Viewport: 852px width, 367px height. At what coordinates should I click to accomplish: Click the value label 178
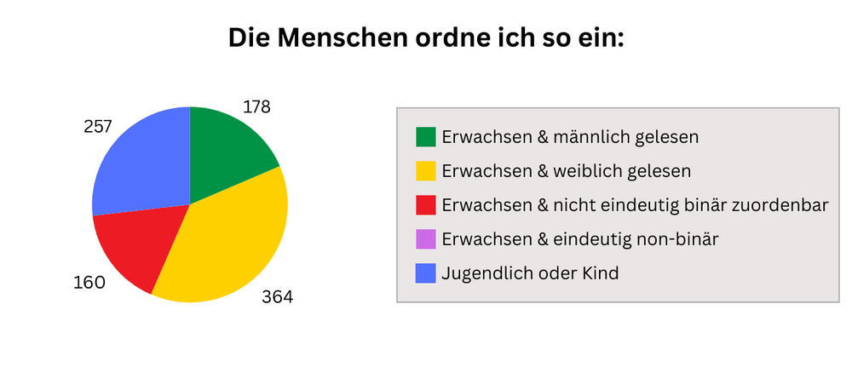point(256,107)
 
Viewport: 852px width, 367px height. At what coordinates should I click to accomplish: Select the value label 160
point(89,282)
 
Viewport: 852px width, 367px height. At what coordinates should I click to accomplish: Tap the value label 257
point(98,127)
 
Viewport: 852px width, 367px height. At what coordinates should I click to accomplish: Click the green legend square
point(425,137)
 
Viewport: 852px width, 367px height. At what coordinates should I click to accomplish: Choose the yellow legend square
point(425,171)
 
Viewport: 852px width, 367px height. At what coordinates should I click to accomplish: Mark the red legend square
point(425,205)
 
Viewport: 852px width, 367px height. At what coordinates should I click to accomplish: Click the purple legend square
point(425,239)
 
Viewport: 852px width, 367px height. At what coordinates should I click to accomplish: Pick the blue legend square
point(425,273)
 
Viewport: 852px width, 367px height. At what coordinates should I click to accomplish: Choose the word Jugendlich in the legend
point(483,274)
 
